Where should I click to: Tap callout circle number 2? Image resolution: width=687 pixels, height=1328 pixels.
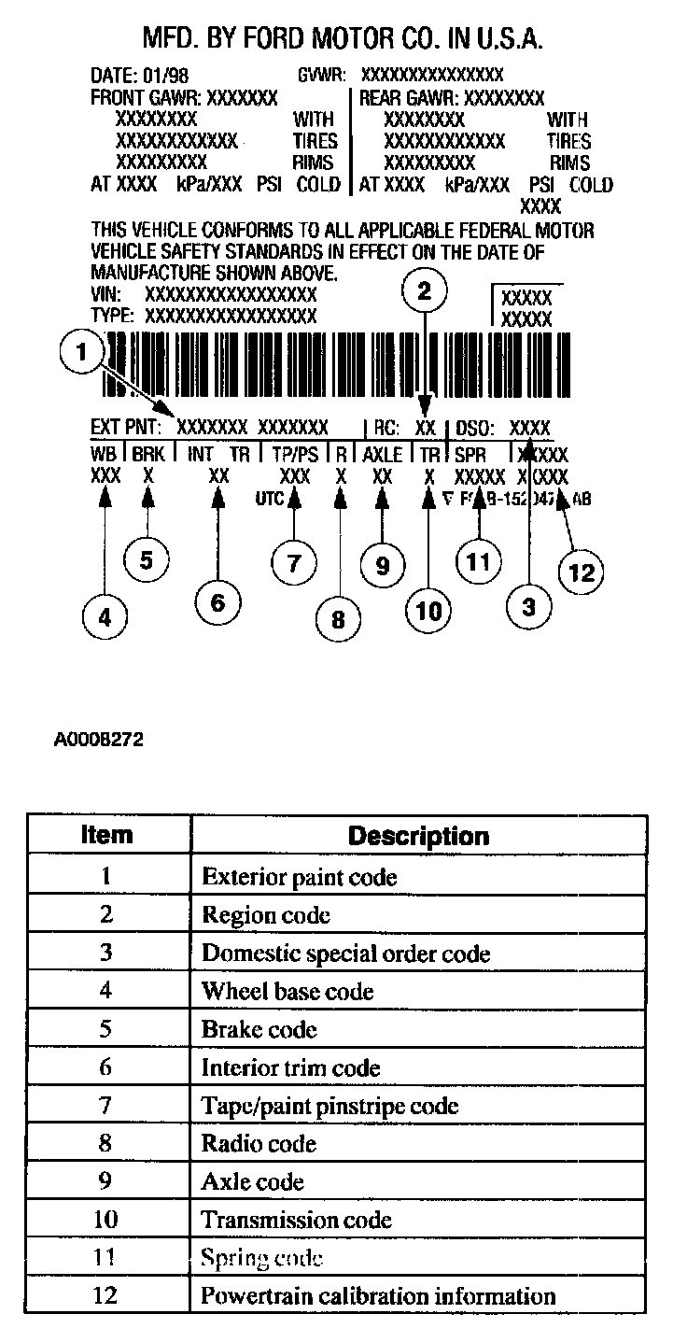pos(425,290)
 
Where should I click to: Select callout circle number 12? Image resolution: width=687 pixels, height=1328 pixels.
pos(581,571)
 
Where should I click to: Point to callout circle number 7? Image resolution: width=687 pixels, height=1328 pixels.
pos(294,562)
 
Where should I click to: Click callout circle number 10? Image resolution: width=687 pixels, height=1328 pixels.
pos(428,611)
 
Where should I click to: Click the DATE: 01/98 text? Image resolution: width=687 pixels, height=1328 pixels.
pos(139,75)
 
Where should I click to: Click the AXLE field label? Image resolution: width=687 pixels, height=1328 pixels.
pos(383,454)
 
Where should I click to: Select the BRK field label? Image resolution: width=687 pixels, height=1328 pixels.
pos(147,454)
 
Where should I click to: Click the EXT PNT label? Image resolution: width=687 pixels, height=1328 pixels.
pos(126,428)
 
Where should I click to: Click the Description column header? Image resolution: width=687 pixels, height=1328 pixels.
pos(418,835)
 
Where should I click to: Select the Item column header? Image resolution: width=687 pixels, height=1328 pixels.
pos(107,834)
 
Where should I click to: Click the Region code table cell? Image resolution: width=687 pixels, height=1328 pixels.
pos(266,915)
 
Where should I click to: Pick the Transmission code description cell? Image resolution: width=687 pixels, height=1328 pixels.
pos(297,1220)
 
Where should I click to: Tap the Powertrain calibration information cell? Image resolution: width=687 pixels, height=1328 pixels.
pos(378,1296)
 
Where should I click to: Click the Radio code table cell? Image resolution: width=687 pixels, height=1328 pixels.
pos(259,1143)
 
